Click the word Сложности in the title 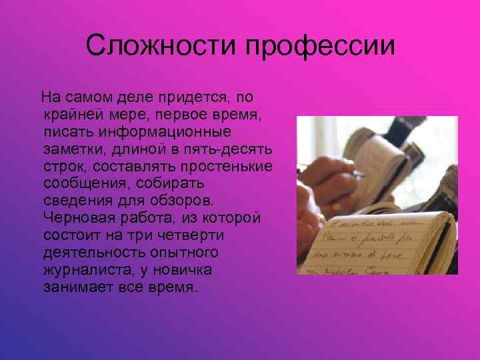click(x=162, y=46)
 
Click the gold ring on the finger click(x=337, y=208)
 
